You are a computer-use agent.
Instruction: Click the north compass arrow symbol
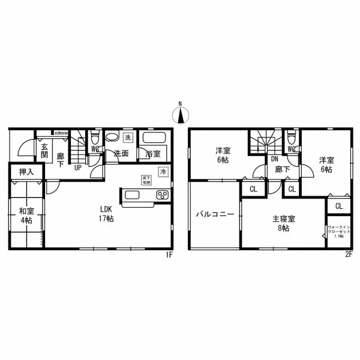pos(179,113)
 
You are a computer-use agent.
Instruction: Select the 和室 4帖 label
pos(26,215)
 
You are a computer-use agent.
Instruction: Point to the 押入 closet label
pos(26,172)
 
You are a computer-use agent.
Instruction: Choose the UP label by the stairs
pos(78,167)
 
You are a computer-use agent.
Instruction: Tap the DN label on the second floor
pos(274,159)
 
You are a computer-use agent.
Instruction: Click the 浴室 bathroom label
pos(153,154)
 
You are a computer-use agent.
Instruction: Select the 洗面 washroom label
pos(121,154)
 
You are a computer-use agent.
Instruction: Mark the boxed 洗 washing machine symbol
pos(127,136)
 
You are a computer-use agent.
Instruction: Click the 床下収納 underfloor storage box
pos(146,180)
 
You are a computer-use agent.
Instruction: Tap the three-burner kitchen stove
pos(163,195)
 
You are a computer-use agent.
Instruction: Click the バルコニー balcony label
pos(214,214)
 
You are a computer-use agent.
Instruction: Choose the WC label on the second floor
pos(292,149)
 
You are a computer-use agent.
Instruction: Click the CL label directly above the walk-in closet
pos(339,206)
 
